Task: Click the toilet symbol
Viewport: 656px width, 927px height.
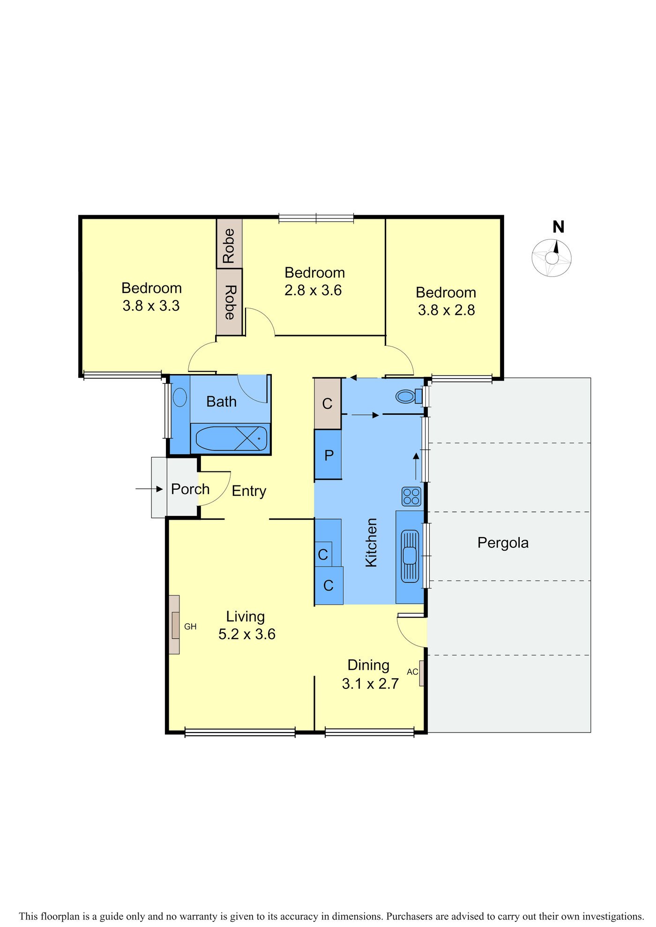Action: point(409,396)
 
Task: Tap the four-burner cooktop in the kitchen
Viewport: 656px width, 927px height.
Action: point(411,496)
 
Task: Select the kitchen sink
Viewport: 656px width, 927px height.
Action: point(410,556)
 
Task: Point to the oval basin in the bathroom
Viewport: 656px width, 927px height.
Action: point(180,397)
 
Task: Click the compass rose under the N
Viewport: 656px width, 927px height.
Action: point(552,258)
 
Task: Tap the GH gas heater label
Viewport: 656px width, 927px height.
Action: point(190,627)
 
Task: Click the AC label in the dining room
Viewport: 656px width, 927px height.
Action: point(412,672)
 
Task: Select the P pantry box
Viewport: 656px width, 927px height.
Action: point(328,455)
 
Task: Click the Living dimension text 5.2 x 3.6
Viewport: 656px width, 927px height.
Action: point(247,634)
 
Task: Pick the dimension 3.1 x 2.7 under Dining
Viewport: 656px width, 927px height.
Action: point(370,684)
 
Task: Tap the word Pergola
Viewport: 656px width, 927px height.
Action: point(503,543)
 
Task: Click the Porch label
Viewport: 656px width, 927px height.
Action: point(190,489)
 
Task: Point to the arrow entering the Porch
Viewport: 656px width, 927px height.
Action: point(149,489)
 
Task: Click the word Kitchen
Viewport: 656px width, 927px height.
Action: point(371,542)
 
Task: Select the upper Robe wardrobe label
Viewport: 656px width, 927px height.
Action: point(229,246)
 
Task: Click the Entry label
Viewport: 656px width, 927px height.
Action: point(249,491)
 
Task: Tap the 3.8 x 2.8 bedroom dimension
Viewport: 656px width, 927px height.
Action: point(447,310)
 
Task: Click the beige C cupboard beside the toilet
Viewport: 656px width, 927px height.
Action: point(328,404)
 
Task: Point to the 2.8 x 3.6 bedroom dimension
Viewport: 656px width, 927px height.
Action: point(313,291)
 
